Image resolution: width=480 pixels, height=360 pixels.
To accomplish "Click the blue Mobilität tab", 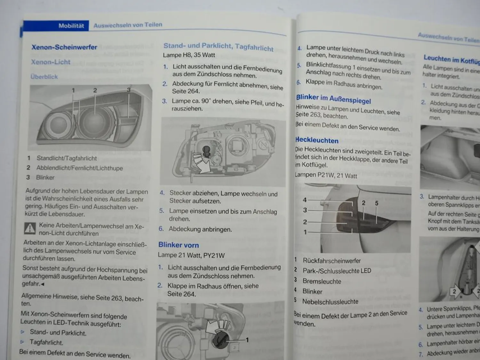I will click(x=71, y=26).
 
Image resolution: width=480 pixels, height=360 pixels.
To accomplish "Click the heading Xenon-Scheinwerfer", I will click(x=64, y=47).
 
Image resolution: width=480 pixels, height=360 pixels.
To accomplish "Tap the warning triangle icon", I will click(x=30, y=228).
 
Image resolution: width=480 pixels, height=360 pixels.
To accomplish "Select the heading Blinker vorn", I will click(x=179, y=245).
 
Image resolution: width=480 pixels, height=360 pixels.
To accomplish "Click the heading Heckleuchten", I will click(x=317, y=140).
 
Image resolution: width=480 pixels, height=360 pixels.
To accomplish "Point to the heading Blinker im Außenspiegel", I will click(x=333, y=99).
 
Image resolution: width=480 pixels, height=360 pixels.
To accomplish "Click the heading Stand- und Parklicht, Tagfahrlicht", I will click(x=218, y=47).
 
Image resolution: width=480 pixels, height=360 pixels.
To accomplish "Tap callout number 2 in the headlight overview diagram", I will click(x=95, y=91).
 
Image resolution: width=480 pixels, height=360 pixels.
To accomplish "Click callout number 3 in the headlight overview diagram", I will click(x=129, y=90).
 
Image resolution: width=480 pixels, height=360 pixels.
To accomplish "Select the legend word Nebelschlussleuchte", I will click(x=330, y=301).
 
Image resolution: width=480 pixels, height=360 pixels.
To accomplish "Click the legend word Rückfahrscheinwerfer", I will click(x=332, y=261).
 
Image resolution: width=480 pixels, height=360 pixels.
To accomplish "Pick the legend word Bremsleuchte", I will click(x=322, y=281).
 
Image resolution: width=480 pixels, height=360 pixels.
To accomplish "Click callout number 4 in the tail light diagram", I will click(x=305, y=200).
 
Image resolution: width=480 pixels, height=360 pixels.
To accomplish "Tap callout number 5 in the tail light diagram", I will click(x=377, y=203).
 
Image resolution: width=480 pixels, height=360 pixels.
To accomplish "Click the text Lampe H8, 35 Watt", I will click(x=189, y=55).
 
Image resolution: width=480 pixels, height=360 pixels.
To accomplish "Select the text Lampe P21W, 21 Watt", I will click(x=326, y=175).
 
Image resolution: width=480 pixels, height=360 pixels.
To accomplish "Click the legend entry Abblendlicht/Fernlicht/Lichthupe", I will click(x=79, y=168).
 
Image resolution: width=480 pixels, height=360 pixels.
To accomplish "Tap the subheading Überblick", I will click(x=44, y=77).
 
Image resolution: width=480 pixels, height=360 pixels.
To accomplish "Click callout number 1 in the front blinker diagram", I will click(x=247, y=340).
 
